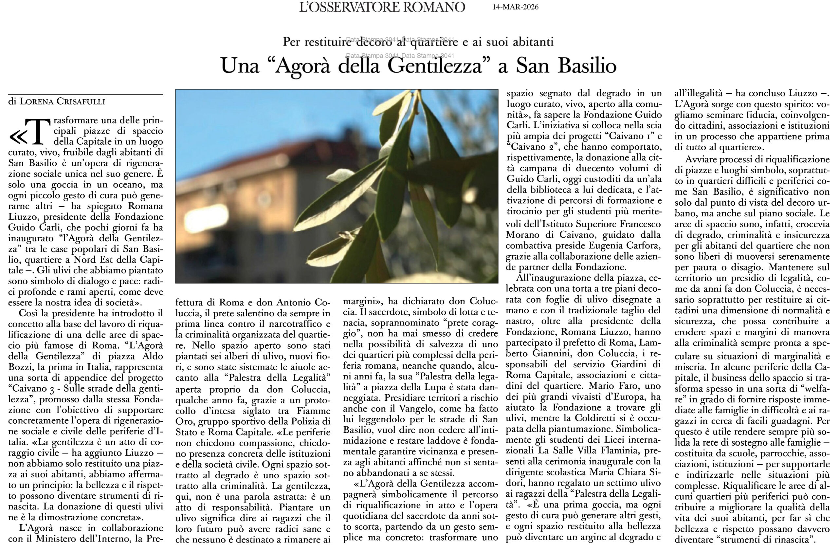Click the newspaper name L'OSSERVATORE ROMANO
[382, 8]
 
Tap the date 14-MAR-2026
[516, 8]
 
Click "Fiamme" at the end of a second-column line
[313, 411]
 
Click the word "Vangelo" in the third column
[420, 409]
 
